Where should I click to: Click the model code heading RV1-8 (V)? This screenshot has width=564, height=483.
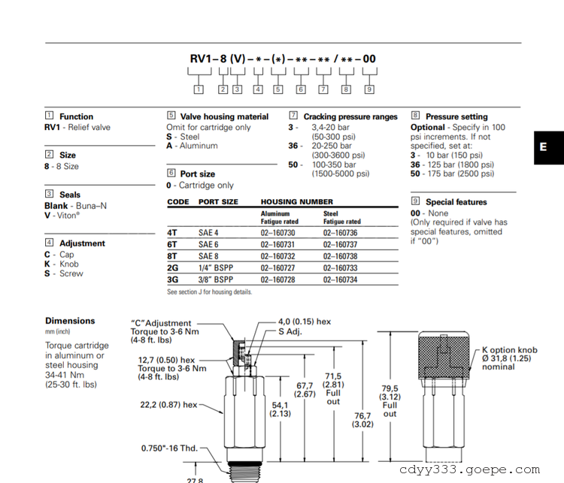217,59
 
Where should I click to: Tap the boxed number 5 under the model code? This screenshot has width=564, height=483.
277,89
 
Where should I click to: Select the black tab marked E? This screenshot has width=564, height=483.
544,147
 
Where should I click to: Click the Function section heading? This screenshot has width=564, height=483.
76,116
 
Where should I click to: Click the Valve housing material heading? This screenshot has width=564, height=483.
224,116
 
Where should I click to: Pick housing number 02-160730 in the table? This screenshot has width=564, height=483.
277,233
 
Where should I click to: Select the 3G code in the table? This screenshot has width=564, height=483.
174,279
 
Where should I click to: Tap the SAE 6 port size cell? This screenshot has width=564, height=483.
209,245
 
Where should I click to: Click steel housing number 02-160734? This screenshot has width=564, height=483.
341,279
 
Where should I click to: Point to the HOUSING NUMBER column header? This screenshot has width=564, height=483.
297,202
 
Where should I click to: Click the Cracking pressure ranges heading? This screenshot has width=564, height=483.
350,116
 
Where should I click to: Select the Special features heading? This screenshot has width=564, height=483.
456,202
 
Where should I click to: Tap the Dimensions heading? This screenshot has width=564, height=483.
70,321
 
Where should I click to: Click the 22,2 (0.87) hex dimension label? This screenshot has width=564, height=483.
168,405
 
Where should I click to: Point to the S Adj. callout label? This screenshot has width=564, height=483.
290,331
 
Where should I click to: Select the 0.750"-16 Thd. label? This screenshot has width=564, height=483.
169,448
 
